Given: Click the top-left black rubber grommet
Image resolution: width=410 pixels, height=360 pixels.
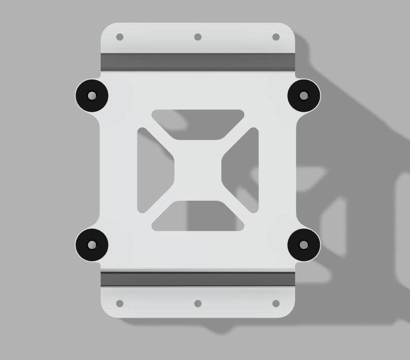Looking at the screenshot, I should coord(92,96).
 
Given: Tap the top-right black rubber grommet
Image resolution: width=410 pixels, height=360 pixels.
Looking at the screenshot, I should coord(304,96).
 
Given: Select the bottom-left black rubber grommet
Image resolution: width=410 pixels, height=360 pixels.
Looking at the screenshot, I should coord(92,245).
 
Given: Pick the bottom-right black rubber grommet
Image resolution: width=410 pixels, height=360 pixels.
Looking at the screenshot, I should coord(304,245).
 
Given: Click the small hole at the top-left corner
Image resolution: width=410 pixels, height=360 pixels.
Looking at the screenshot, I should coord(120,37).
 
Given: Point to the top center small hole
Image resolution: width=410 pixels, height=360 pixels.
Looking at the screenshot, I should coord(198,37).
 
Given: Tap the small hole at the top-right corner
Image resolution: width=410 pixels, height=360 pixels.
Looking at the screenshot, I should coord(276,37).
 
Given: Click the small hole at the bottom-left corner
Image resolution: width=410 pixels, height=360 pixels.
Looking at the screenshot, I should coord(120,303).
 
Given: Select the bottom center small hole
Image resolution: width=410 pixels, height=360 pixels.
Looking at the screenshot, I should coord(198,303).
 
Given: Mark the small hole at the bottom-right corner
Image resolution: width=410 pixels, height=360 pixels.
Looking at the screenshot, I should coord(276,303).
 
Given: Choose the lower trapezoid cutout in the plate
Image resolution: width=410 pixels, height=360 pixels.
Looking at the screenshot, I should coord(198,217).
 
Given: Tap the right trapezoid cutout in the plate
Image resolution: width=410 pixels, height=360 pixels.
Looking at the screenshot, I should coord(244,170).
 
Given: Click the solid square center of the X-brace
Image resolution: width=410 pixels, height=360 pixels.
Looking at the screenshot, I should coord(198,170).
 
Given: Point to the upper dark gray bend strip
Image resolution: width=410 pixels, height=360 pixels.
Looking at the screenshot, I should coord(198,61).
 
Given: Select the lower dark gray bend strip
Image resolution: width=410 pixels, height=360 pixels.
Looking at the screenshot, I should coord(198,279).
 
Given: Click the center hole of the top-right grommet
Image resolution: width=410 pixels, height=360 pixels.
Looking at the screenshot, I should coord(304,96).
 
